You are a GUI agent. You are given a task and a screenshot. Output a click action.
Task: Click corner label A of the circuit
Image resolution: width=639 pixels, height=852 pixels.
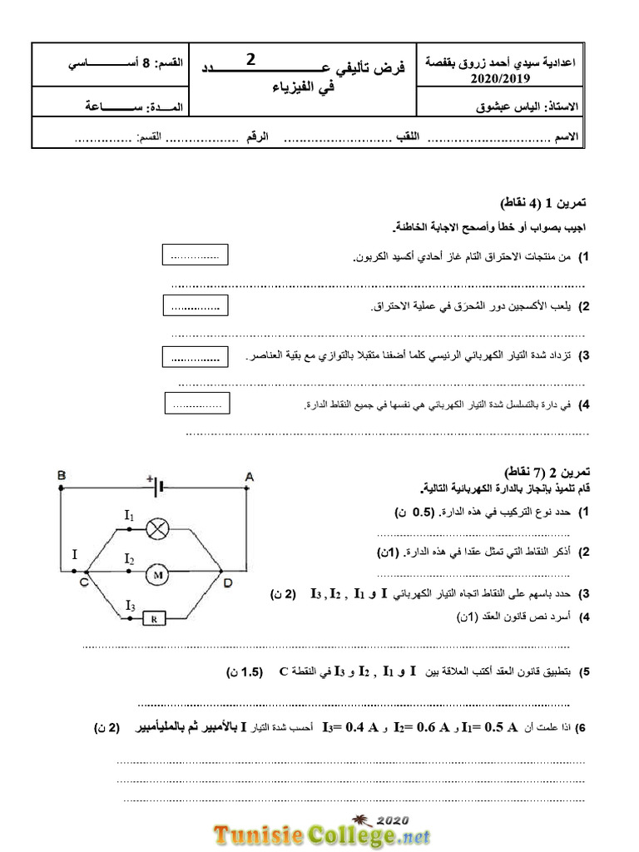point(248,475)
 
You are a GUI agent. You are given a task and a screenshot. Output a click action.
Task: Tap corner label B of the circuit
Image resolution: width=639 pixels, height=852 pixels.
point(62,475)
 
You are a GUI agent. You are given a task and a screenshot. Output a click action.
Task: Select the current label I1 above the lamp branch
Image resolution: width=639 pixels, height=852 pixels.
point(129,517)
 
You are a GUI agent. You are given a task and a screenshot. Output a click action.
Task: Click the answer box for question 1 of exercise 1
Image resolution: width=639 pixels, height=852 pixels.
point(195,256)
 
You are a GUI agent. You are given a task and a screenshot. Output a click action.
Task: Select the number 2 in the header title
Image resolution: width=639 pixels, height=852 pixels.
point(252,59)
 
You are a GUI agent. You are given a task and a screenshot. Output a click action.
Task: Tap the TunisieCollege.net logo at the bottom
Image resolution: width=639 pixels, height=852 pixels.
point(324,831)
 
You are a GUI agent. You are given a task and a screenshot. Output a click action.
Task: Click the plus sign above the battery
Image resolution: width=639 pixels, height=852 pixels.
point(150,478)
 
